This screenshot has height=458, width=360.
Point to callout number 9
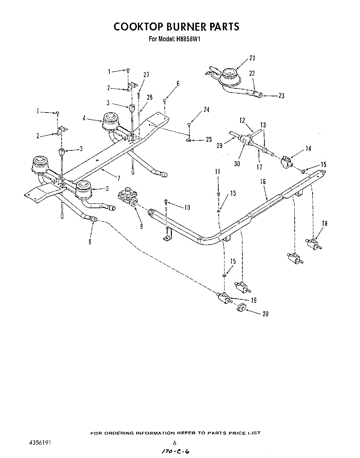point(142,226)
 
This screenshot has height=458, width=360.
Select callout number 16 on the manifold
point(263,182)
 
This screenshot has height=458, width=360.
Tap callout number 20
point(265,314)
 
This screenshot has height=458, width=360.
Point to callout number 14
point(308,149)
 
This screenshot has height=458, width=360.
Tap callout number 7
point(118,178)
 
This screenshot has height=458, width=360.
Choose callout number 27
point(146,75)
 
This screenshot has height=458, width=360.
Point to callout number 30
point(237,164)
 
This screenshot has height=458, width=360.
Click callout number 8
point(90,242)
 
